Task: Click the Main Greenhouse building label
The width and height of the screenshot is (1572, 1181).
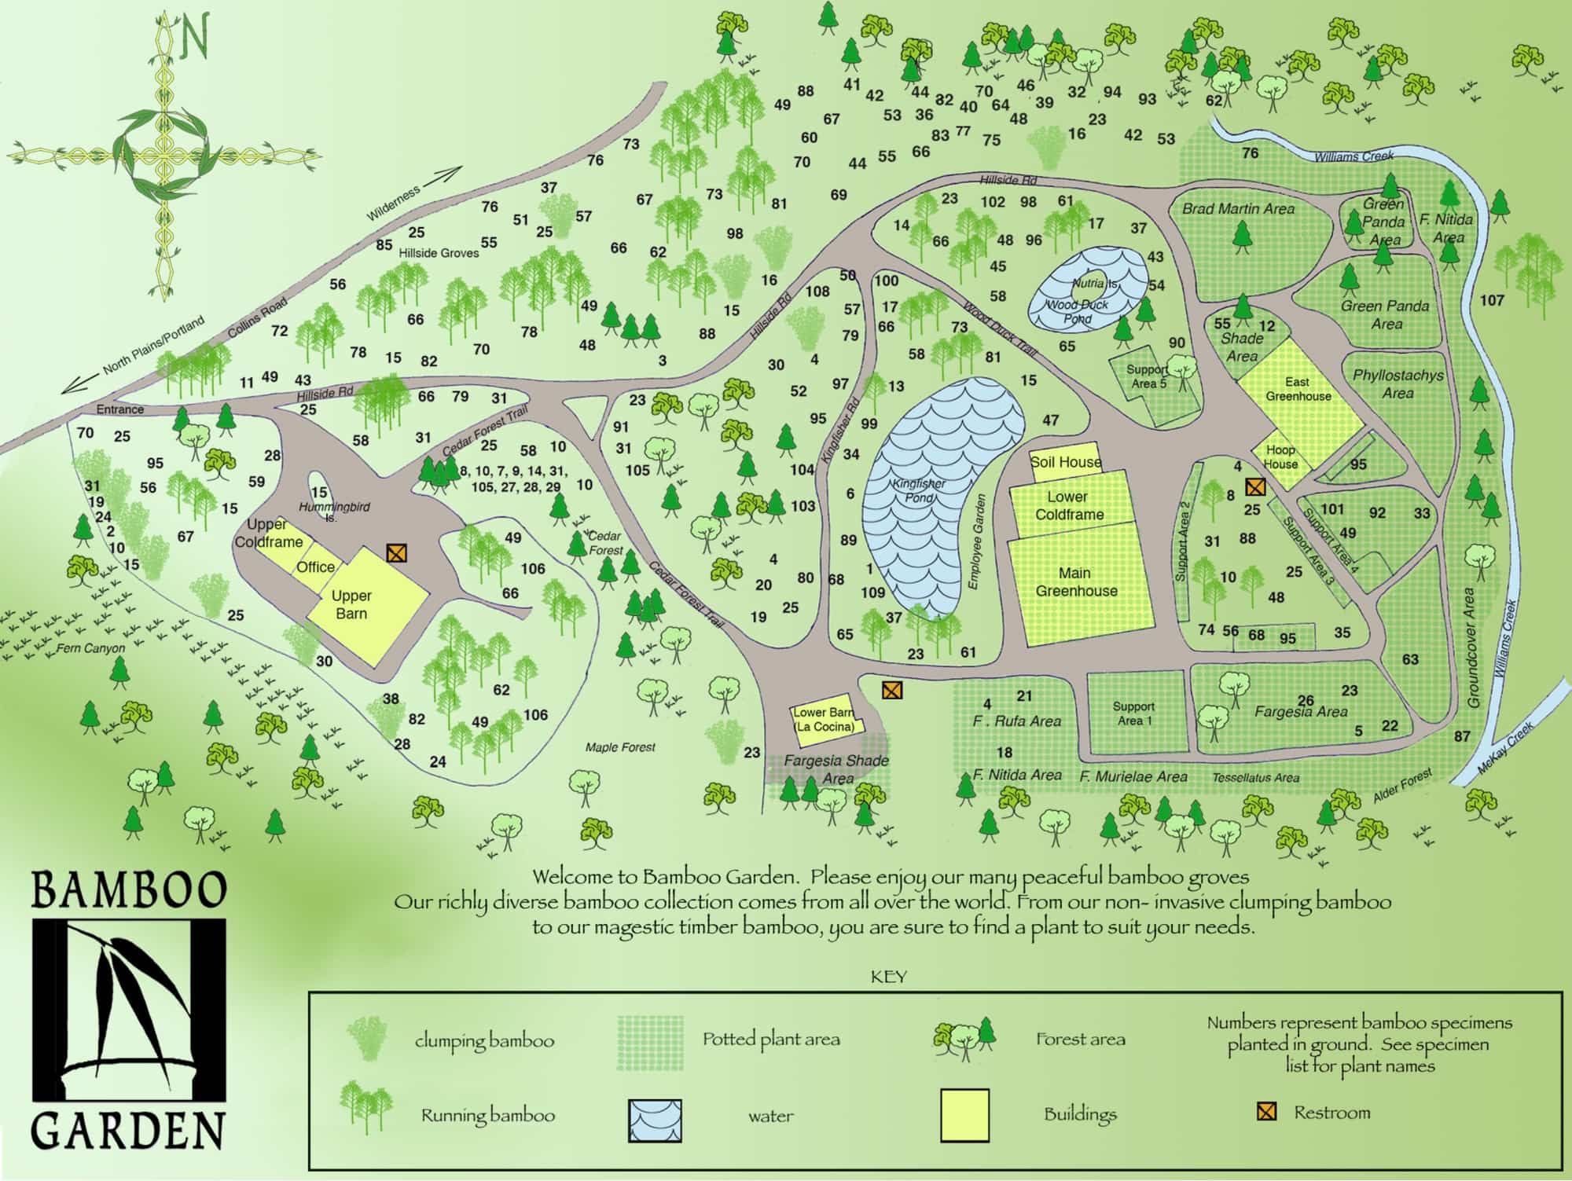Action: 1075,582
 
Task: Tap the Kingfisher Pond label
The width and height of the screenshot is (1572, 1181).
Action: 919,491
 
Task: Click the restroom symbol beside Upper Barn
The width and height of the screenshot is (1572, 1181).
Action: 397,553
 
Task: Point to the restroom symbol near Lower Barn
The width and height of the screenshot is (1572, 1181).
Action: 891,691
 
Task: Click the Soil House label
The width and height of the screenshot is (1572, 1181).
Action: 1066,462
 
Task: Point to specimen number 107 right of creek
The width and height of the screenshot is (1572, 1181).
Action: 1492,300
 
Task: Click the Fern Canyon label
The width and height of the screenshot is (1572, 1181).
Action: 90,648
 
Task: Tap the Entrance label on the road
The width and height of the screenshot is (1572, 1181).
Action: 119,409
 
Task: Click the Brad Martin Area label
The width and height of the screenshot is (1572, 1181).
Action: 1238,209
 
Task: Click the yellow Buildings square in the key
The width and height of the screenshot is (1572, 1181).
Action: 964,1114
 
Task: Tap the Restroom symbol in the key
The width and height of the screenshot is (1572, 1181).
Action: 1265,1112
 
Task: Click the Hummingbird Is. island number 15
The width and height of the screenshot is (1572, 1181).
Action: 318,493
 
